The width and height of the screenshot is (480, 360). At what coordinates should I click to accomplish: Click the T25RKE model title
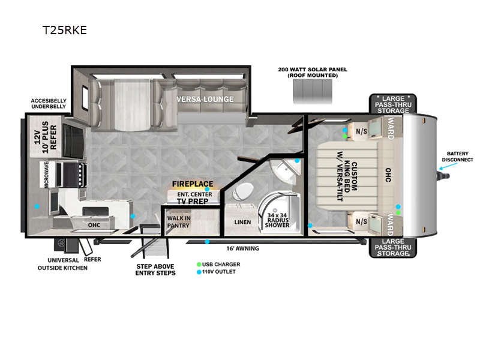point(65,30)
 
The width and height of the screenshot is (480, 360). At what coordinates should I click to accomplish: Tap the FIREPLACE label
point(193,184)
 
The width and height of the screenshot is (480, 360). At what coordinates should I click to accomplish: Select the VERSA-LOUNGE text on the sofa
point(205,99)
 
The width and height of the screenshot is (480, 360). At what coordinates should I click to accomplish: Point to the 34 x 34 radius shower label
point(277,220)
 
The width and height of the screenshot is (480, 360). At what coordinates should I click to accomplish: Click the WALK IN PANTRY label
point(179,222)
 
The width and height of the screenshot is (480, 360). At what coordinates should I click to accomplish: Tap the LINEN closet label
point(242,222)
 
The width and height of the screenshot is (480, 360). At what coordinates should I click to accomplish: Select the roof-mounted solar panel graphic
point(313,92)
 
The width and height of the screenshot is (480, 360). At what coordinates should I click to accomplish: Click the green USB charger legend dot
point(199,264)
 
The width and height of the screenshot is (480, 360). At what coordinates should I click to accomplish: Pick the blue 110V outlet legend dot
point(199,272)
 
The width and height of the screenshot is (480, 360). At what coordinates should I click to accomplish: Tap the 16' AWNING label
point(242,248)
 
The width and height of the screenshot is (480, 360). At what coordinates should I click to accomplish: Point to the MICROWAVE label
point(46,174)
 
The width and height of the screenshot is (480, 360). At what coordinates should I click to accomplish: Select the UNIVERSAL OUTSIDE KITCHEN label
point(62,264)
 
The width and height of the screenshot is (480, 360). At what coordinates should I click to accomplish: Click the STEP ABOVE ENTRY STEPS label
point(155,269)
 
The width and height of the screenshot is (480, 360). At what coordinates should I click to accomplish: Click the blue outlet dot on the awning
point(207,242)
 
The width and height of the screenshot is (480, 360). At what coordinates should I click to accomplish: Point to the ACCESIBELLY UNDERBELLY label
point(49,103)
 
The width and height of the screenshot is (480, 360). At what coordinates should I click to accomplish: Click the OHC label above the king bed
point(388,175)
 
